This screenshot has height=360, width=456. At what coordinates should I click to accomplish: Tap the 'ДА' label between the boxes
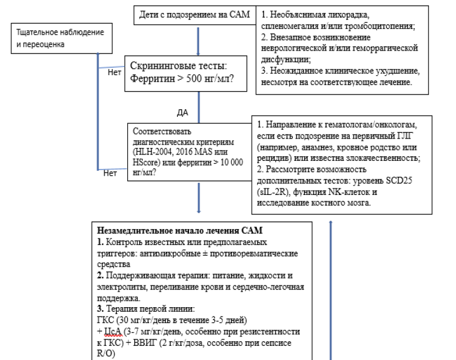pos(182,111)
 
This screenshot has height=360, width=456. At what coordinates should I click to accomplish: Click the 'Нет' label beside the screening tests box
pos(114,73)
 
